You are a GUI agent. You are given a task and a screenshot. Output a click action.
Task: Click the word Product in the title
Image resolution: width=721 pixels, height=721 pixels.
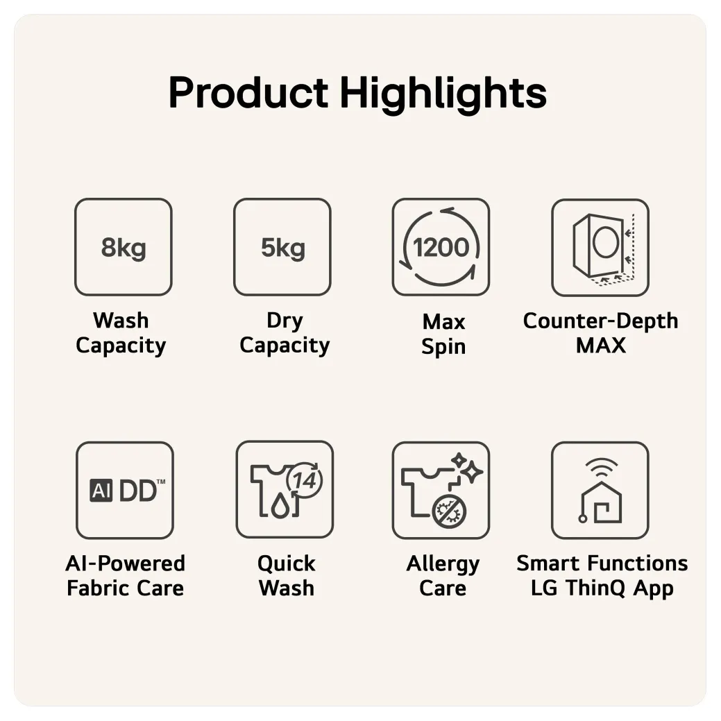click(248, 93)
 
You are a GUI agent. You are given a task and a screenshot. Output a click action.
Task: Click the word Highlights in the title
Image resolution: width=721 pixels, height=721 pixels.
click(443, 94)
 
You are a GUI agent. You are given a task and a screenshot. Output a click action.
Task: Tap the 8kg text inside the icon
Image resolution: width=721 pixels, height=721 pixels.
click(124, 248)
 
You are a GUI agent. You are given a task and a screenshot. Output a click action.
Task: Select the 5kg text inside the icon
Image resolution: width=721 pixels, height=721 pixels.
click(283, 248)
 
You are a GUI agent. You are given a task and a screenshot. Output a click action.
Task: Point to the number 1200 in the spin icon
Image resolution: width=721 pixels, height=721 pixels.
click(441, 247)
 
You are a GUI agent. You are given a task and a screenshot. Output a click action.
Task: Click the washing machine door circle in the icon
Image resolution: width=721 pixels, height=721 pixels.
click(606, 241)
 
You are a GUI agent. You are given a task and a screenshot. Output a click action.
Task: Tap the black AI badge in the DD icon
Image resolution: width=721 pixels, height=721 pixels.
click(101, 491)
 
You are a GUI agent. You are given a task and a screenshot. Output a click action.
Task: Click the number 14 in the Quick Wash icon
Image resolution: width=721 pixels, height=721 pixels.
click(305, 480)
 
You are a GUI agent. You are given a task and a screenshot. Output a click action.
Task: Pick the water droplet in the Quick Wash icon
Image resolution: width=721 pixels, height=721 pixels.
click(280, 507)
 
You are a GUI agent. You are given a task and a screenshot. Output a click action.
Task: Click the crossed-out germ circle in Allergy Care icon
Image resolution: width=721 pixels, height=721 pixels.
click(449, 511)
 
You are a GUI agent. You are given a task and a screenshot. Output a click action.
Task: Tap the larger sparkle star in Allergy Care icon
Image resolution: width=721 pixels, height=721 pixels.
click(472, 473)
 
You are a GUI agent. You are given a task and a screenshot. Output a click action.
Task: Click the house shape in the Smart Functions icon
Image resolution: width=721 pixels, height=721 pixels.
click(602, 503)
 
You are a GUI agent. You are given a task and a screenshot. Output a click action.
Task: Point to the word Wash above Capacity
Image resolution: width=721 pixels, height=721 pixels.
click(121, 321)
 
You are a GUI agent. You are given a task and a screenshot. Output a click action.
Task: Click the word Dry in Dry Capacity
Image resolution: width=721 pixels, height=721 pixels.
click(285, 321)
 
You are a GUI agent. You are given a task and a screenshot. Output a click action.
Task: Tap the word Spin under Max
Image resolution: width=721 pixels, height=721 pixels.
click(443, 347)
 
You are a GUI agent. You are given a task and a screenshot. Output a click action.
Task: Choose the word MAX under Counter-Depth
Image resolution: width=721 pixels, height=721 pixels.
click(601, 346)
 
